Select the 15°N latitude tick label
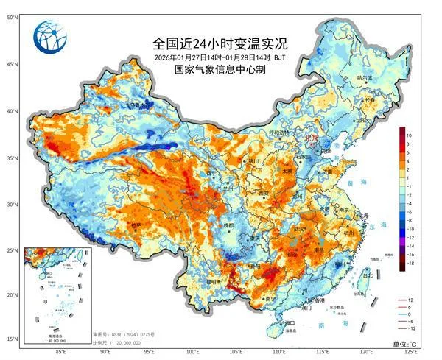coord(13,339)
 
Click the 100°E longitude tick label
coord(192,351)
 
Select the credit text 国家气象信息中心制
coord(220,70)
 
